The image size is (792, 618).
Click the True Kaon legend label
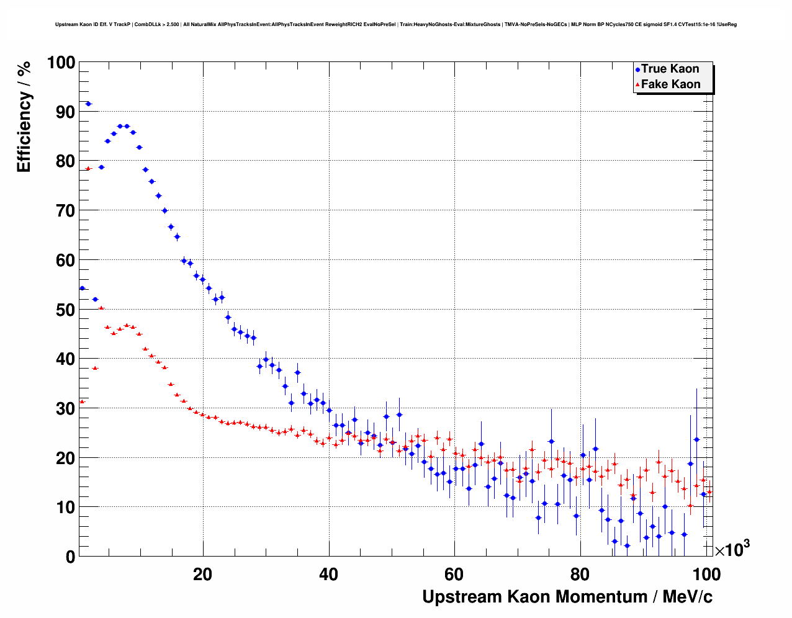[x=670, y=69]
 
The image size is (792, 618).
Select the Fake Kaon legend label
[x=670, y=84]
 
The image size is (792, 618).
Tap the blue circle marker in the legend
[x=637, y=69]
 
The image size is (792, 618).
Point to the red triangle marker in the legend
[x=637, y=85]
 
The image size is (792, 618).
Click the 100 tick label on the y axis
[x=61, y=63]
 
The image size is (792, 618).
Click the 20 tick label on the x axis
[x=202, y=575]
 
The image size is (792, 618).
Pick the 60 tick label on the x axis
[x=454, y=575]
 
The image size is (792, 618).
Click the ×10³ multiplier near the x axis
[x=732, y=549]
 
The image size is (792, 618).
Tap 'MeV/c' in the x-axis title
[x=687, y=597]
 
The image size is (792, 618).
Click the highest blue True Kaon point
[x=88, y=104]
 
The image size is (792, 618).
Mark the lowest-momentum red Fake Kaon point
[x=82, y=401]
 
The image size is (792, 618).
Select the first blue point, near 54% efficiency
[x=82, y=288]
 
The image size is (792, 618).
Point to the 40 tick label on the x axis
[x=328, y=575]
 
